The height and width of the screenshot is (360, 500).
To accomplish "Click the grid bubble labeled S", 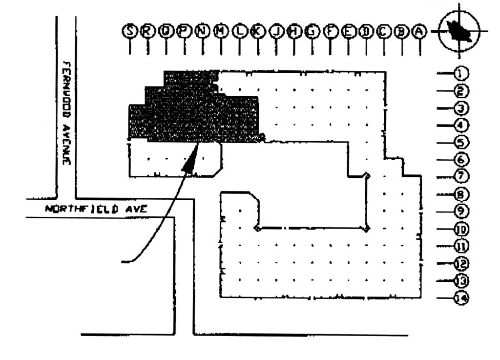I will point(130,31).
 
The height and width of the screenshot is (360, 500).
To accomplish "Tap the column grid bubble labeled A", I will point(418,31).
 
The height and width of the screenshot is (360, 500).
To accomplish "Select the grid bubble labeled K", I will point(257,31).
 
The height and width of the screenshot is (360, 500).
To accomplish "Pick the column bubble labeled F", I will point(330,31).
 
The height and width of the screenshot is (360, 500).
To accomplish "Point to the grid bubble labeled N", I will point(202,31).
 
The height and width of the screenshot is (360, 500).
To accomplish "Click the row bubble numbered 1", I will point(461,73).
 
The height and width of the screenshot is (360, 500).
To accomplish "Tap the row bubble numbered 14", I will point(461,298).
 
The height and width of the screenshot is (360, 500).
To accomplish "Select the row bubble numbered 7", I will point(461,176).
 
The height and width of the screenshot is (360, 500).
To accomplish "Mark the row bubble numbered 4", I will point(461,126).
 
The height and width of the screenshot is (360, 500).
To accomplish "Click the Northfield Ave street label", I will point(97,209).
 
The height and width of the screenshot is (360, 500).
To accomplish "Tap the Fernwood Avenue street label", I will point(67,112).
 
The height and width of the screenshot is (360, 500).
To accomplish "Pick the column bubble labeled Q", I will point(166,31).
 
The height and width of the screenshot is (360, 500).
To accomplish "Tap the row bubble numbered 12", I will point(461,264).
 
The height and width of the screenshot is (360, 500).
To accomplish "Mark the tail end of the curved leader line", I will point(123,262).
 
